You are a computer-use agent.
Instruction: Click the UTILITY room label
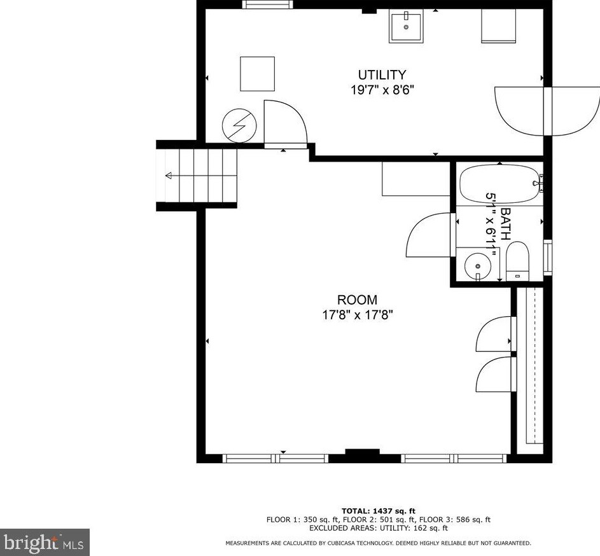[381, 75]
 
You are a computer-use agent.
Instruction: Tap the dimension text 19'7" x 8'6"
[381, 90]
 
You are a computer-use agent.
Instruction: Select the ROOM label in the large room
[356, 300]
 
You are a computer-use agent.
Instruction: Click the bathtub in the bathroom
[499, 184]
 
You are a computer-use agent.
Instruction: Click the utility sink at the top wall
[406, 27]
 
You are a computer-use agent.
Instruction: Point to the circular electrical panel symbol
[239, 126]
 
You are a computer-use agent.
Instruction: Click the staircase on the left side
[197, 175]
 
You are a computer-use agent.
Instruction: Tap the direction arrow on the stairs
[169, 176]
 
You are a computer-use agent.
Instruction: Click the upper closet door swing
[496, 334]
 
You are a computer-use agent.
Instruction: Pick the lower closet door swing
[496, 375]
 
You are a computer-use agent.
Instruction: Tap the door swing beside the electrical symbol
[284, 123]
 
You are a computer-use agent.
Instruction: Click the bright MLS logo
[44, 542]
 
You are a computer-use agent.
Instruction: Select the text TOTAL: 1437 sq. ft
[378, 511]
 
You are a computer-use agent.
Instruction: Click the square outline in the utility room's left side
[257, 74]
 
